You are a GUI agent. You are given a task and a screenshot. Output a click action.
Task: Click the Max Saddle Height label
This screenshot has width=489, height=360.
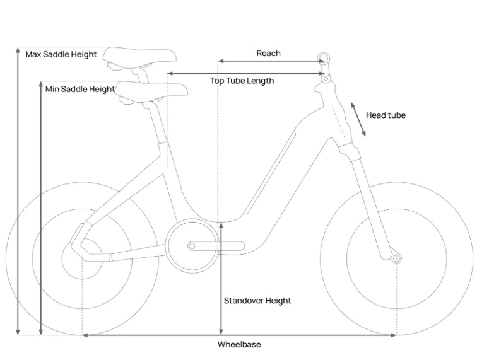(x=61, y=55)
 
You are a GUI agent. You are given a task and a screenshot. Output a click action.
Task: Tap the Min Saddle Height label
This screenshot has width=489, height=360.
(x=80, y=89)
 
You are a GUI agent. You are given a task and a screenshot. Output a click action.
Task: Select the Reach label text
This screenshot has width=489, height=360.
(x=269, y=54)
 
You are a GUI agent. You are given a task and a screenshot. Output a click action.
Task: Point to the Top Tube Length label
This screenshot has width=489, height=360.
(x=242, y=81)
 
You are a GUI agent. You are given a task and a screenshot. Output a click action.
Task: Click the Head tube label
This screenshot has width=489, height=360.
(x=386, y=115)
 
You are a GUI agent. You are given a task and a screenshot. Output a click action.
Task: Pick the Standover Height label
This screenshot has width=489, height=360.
(x=257, y=301)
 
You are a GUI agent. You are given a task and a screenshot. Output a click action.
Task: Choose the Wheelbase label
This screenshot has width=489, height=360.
(x=239, y=344)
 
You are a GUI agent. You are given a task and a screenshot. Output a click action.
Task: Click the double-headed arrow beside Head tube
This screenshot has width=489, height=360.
(x=358, y=119)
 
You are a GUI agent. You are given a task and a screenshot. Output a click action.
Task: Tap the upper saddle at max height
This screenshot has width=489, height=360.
(x=139, y=57)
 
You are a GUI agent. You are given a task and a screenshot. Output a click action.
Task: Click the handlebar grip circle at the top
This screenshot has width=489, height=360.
(x=324, y=59)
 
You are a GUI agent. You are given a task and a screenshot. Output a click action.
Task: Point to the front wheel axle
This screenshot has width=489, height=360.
(x=397, y=258)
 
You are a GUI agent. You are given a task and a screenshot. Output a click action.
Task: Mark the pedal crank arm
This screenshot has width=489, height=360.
(x=216, y=246)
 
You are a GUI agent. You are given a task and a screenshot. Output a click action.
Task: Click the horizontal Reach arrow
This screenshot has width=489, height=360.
(x=271, y=61)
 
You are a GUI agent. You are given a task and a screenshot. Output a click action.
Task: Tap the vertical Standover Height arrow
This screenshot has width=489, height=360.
(x=221, y=278)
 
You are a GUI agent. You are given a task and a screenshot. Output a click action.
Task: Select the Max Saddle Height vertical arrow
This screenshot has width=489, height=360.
(x=18, y=191)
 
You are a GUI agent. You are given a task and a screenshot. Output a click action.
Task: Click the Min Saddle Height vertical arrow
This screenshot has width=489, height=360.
(x=41, y=208)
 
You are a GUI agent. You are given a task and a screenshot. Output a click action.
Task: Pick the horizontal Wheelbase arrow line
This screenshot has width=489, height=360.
(x=239, y=335)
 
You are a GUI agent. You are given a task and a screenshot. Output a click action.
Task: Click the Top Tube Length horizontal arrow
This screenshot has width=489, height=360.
(x=246, y=74)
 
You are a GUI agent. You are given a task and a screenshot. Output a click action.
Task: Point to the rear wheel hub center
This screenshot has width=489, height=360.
(x=82, y=258)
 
